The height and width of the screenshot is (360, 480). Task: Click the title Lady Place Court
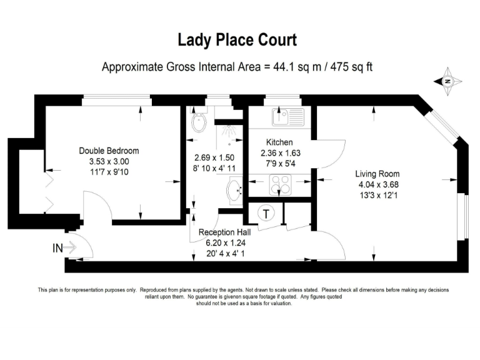[x=237, y=41]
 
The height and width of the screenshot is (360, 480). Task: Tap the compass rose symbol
[x=448, y=81]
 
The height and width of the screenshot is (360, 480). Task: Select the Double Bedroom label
[x=109, y=151]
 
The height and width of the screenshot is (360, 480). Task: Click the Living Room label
[x=377, y=174]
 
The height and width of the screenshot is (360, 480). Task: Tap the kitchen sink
[x=287, y=115]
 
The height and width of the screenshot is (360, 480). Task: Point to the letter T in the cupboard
[x=267, y=214]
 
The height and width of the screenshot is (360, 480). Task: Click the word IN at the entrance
[x=57, y=248]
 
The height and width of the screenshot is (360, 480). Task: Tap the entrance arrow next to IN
[x=70, y=248]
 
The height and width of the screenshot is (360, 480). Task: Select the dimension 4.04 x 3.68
[x=377, y=184]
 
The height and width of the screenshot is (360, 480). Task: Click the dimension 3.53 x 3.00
[x=109, y=161]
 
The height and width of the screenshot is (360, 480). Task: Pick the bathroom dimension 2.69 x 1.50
[x=214, y=157]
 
